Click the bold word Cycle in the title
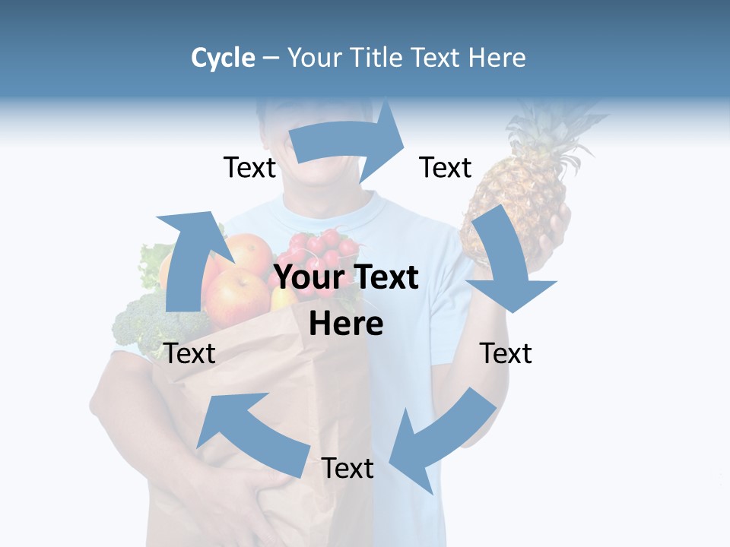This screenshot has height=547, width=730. (223, 58)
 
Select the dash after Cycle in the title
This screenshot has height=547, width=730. (271, 58)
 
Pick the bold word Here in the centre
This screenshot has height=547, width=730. (346, 324)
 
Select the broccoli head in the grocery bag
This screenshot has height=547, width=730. (144, 323)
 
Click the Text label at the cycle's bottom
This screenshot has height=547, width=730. (348, 468)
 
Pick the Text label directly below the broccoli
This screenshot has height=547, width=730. (190, 353)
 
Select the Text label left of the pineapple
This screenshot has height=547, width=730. (446, 167)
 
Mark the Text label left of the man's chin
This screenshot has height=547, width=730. (249, 167)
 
